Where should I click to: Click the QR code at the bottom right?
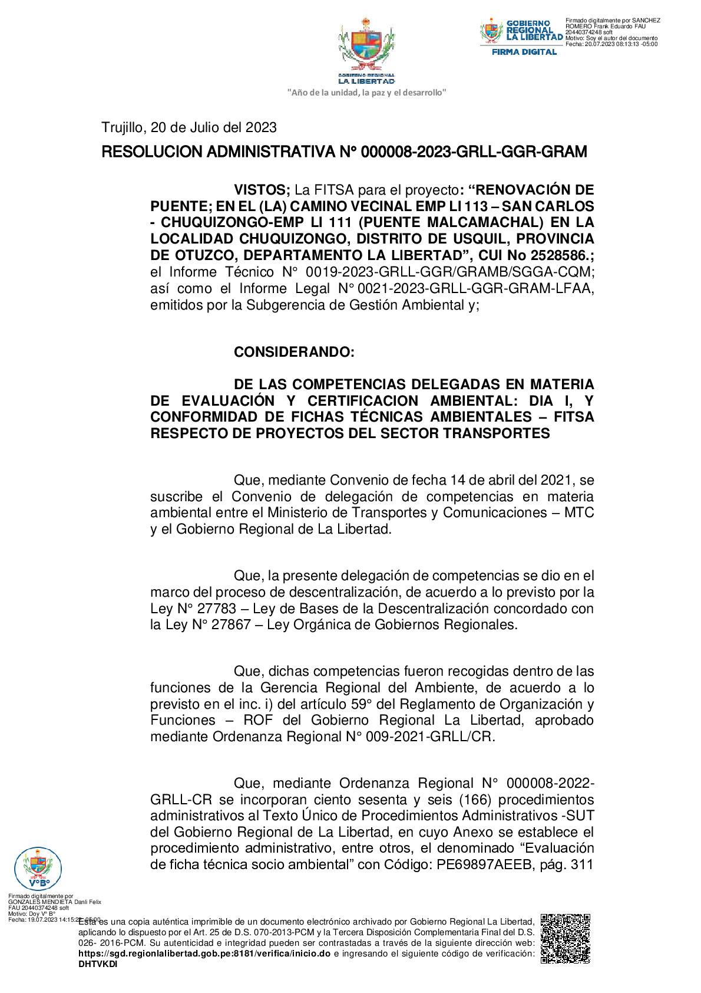tap(565, 938)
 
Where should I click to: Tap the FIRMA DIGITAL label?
tap(524, 52)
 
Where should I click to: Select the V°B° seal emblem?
tap(38, 868)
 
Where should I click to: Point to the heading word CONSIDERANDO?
tap(293, 352)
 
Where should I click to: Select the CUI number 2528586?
tap(560, 255)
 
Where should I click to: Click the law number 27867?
tap(232, 624)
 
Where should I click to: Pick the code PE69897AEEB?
tap(484, 864)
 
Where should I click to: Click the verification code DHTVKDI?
tap(98, 964)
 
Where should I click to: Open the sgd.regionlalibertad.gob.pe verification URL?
tap(204, 953)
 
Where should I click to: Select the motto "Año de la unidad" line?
tap(366, 93)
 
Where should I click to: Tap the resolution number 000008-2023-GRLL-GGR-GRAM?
tap(474, 152)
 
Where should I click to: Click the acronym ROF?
tap(259, 720)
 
